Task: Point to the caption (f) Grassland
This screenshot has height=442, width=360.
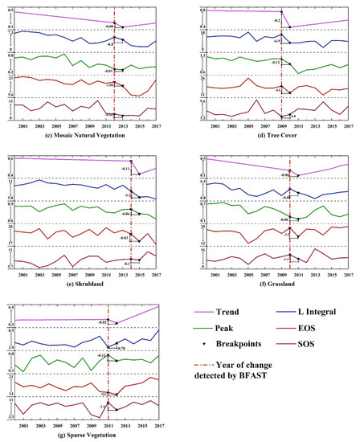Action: click(x=272, y=283)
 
